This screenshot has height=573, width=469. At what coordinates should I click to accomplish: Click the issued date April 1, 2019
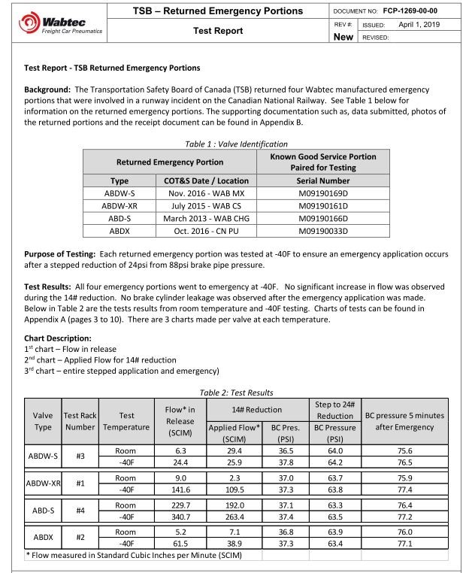point(425,24)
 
